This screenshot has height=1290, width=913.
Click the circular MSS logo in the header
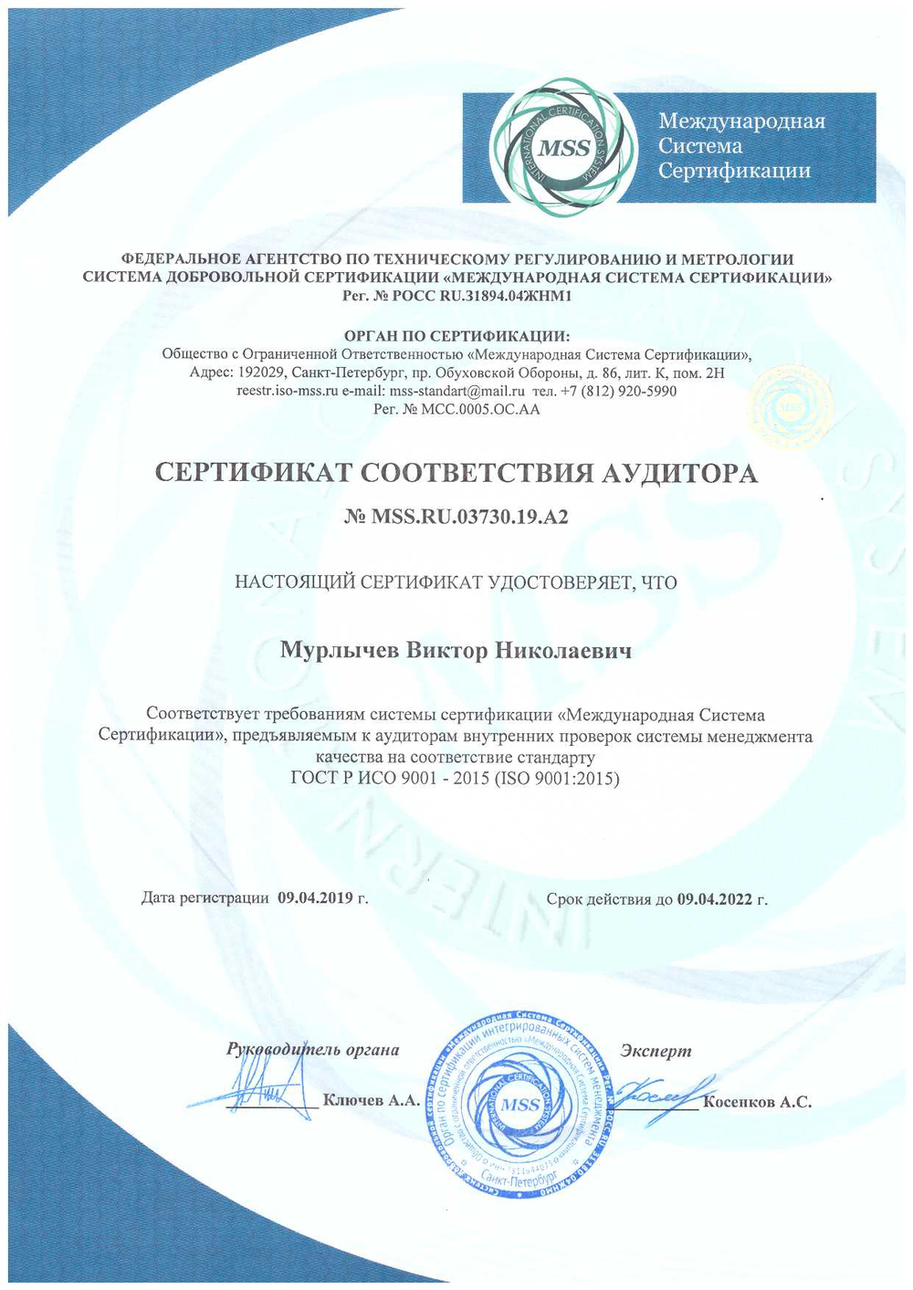(x=563, y=148)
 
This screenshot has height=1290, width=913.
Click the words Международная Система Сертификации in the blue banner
(x=740, y=146)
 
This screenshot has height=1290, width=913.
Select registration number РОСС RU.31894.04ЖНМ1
(x=470, y=296)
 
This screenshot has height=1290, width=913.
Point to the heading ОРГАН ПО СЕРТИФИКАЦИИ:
(x=456, y=336)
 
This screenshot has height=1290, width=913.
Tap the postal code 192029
(x=262, y=372)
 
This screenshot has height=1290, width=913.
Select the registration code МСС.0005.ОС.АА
(x=480, y=409)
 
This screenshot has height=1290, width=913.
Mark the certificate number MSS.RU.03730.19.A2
(x=469, y=517)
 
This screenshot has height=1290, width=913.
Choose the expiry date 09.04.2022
(x=715, y=899)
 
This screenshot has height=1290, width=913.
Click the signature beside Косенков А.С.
(x=659, y=1090)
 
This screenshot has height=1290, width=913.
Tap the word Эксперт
(x=656, y=1051)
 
